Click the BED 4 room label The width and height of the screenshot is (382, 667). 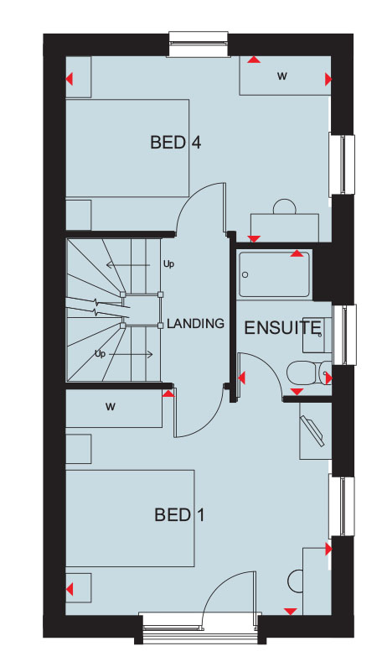pos(175,142)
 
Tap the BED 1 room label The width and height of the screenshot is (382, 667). pos(179,515)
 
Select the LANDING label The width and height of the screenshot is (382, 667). pos(195,323)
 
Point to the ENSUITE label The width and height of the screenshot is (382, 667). pos(282,327)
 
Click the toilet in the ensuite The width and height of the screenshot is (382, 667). pos(309,373)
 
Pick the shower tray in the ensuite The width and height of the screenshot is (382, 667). pos(274,274)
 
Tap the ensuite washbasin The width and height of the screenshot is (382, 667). pos(317,335)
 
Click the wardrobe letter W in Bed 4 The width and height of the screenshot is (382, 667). pos(282,76)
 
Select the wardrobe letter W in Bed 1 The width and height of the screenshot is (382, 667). pos(110,407)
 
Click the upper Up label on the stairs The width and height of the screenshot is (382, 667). pos(168,264)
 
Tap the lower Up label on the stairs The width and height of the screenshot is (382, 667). pos(100,353)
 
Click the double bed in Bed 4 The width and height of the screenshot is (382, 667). pos(127,148)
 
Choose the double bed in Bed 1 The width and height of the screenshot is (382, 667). pos(130,518)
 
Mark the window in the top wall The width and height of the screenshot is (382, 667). pos(199,44)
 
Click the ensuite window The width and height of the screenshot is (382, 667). pos(344,335)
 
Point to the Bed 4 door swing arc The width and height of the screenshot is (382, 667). pos(191,196)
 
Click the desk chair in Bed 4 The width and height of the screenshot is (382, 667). pos(285,206)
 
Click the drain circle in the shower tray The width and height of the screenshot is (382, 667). pos(245,275)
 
